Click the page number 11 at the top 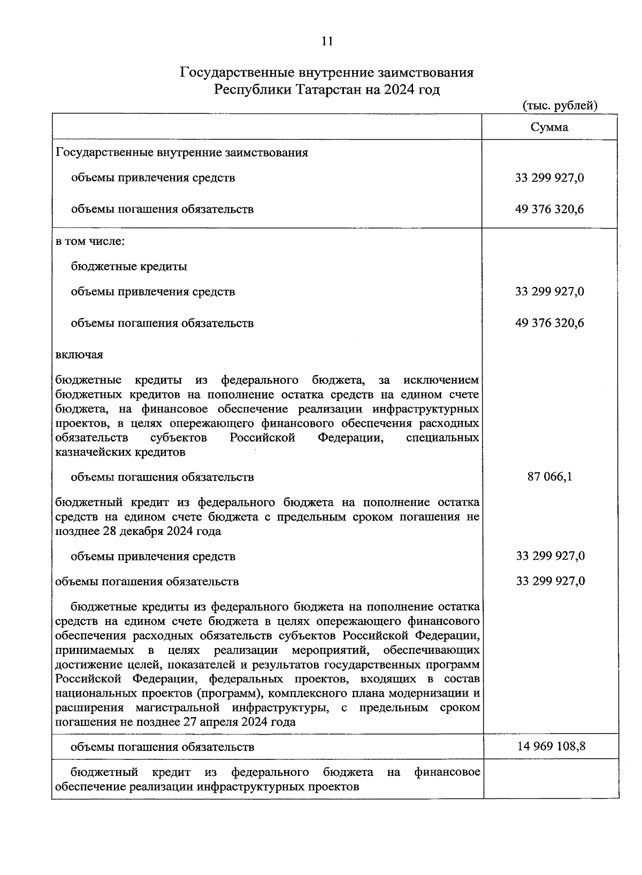pyautogui.click(x=327, y=41)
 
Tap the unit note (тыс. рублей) pyautogui.click(x=559, y=105)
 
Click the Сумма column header pyautogui.click(x=549, y=127)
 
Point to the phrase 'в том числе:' pyautogui.click(x=90, y=241)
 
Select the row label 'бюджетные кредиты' pyautogui.click(x=129, y=266)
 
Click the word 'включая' pyautogui.click(x=79, y=354)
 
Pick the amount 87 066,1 pyautogui.click(x=549, y=477)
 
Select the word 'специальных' pyautogui.click(x=442, y=438)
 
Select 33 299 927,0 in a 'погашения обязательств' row pyautogui.click(x=550, y=582)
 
